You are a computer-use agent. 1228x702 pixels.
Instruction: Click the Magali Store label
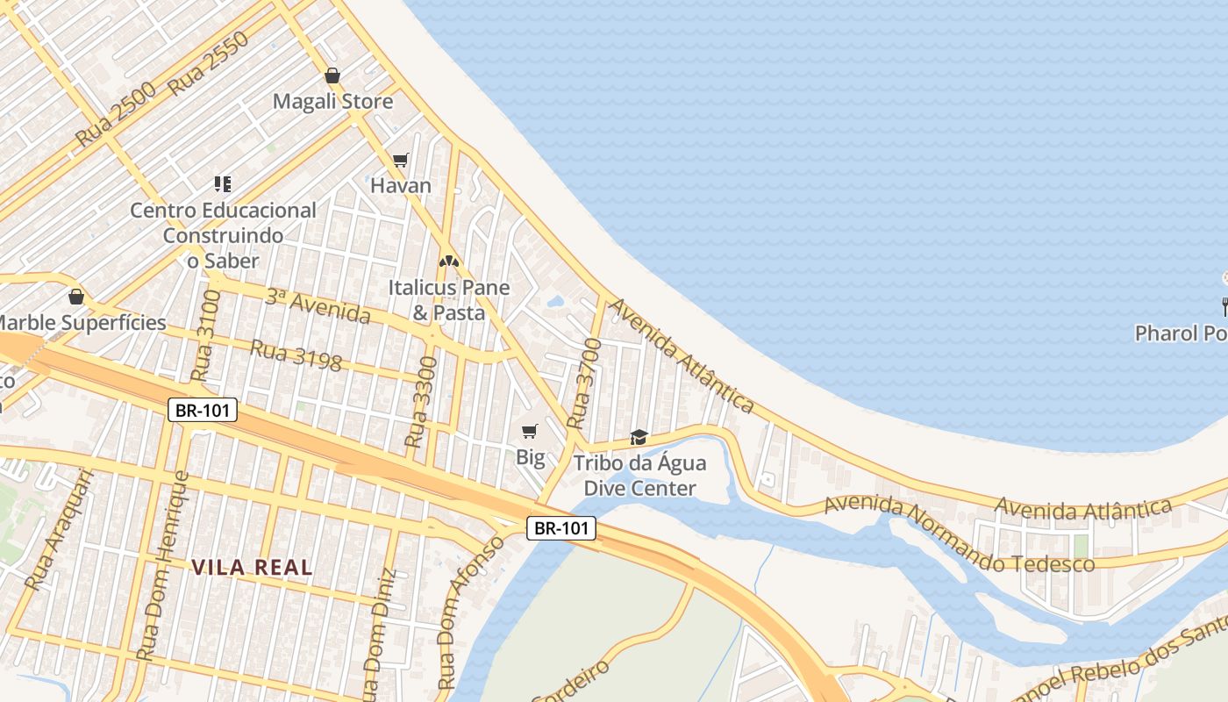tap(332, 102)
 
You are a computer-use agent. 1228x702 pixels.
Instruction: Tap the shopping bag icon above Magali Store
tap(332, 75)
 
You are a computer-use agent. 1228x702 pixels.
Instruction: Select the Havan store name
tap(401, 186)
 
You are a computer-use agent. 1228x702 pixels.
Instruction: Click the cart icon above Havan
tap(401, 160)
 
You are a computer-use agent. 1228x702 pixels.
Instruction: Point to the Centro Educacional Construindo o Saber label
tap(223, 235)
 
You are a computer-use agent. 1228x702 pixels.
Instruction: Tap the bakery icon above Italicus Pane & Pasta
tap(449, 261)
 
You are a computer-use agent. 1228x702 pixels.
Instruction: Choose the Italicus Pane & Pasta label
tap(449, 300)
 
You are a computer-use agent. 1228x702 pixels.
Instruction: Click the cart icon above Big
tap(529, 431)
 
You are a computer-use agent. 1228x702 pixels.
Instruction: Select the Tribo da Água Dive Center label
tap(639, 476)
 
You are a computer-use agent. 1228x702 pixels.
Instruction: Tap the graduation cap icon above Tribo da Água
tap(639, 437)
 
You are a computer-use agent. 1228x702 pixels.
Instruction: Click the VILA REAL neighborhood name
tap(252, 568)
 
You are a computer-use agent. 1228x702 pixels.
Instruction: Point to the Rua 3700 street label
tap(585, 384)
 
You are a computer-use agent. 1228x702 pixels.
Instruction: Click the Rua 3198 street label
tap(296, 355)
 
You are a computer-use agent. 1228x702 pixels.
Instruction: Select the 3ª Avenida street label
tap(318, 304)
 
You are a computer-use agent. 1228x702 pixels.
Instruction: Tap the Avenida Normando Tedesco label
tap(960, 534)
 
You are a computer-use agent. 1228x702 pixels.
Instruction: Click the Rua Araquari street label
tap(59, 529)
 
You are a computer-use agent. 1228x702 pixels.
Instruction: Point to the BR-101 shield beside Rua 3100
tap(203, 410)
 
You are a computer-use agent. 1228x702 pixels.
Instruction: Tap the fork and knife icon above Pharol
tap(1224, 307)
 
